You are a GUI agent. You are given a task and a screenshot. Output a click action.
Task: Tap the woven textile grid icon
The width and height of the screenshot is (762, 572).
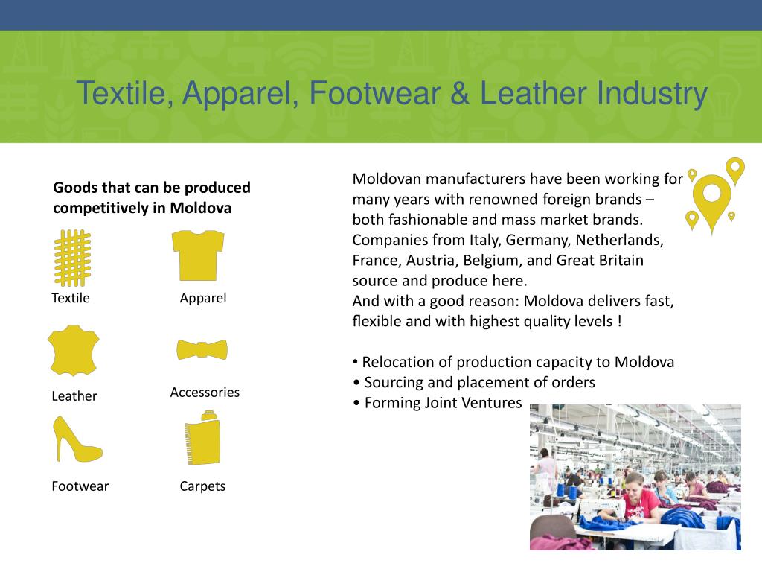[x=72, y=258]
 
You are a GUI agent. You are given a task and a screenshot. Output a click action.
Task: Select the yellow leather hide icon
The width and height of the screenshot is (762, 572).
[x=73, y=349]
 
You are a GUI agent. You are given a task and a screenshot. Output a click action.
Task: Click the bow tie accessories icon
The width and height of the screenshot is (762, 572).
[x=202, y=349]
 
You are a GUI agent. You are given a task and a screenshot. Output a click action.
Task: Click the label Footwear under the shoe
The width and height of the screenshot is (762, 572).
[x=80, y=486]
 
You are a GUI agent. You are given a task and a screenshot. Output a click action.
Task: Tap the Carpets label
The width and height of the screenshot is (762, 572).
[x=202, y=486]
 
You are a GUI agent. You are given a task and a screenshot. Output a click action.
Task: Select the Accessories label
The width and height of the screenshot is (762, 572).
[x=205, y=393]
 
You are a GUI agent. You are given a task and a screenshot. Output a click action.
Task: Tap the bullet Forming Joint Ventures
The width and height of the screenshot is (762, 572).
[x=443, y=403]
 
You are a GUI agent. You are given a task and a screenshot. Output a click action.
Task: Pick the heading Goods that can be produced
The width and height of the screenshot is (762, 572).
[x=152, y=188]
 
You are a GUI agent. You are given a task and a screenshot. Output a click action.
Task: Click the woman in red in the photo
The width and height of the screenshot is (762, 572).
[x=638, y=499]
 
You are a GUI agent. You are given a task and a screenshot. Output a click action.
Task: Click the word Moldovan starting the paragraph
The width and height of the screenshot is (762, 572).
[x=386, y=179]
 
